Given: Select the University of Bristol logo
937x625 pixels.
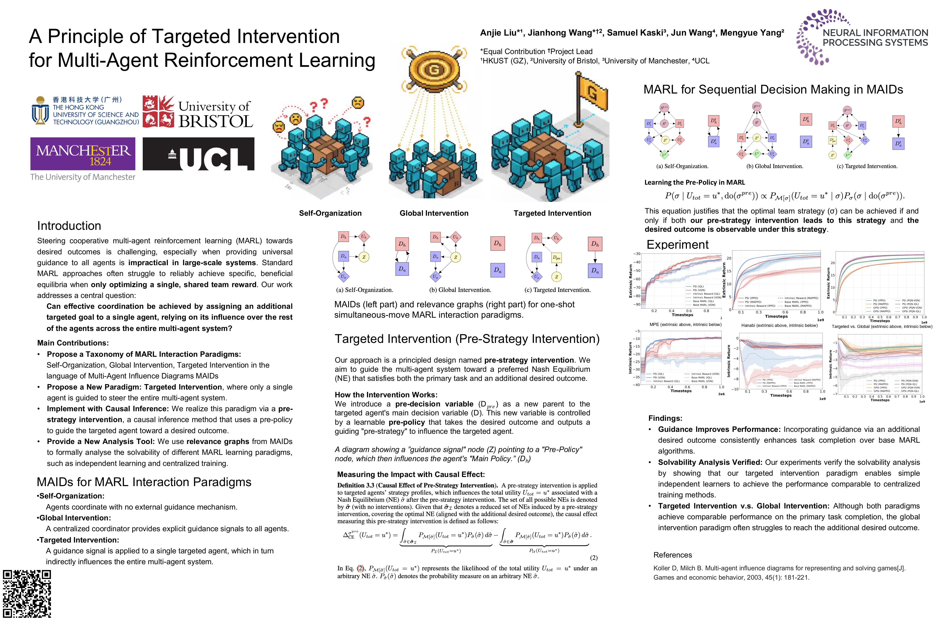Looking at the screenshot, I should pyautogui.click(x=198, y=112).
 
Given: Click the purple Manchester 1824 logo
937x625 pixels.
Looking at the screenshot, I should pyautogui.click(x=83, y=154).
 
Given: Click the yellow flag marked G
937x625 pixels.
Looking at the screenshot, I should pyautogui.click(x=591, y=94).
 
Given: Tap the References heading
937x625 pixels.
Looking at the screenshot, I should pyautogui.click(x=672, y=555).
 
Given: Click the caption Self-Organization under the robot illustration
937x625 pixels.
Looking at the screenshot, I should pyautogui.click(x=330, y=213).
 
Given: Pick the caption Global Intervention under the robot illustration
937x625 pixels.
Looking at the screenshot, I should pyautogui.click(x=434, y=213).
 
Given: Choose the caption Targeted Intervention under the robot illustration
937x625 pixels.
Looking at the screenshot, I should pyautogui.click(x=552, y=213).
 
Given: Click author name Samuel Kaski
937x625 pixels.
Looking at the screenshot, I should pyautogui.click(x=636, y=33).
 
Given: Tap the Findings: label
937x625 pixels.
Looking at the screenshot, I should pyautogui.click(x=665, y=418).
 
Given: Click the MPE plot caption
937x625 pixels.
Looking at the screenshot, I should pyautogui.click(x=685, y=324).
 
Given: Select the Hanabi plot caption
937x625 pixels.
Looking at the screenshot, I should pyautogui.click(x=779, y=325).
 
